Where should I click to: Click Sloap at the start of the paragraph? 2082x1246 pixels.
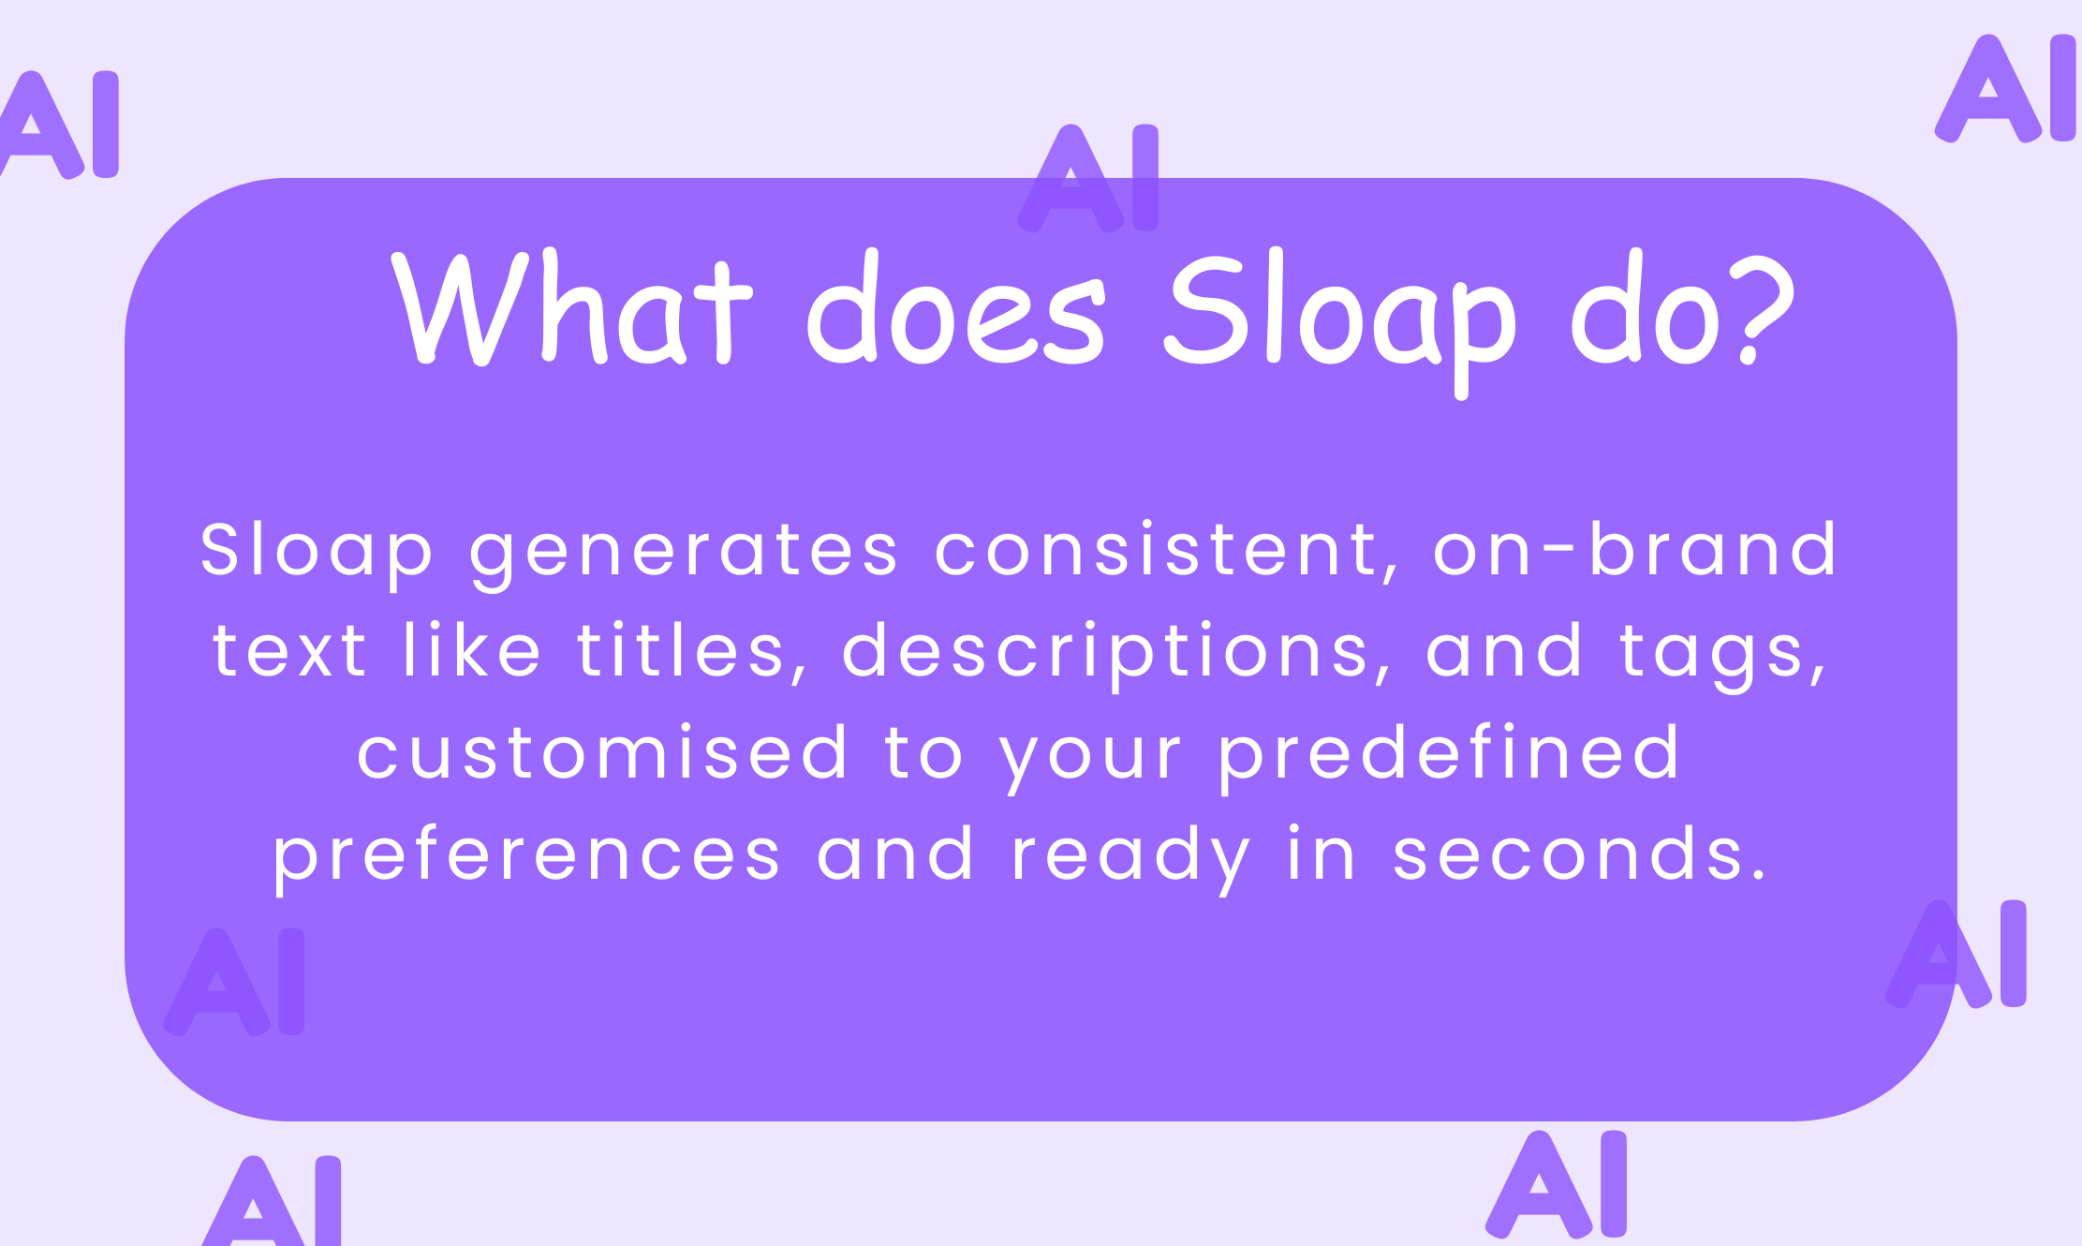317,552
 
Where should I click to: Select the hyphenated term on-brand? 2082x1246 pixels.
1635,550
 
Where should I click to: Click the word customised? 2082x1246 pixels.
602,752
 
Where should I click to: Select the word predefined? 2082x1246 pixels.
1448,752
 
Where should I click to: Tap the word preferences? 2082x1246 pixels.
526,855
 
